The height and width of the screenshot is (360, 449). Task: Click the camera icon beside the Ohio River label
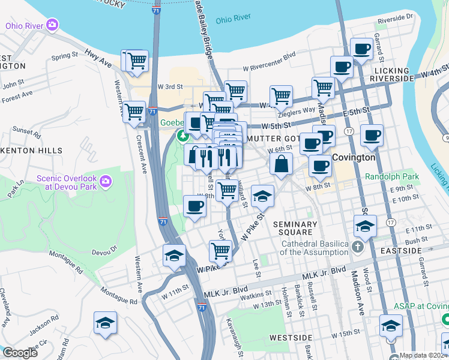coord(53,25)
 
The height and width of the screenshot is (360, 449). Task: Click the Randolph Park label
coord(393,178)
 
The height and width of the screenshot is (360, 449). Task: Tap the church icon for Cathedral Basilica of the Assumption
coord(357,247)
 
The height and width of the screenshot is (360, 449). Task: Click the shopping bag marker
coord(281,163)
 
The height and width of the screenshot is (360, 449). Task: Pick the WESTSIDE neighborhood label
coord(291,338)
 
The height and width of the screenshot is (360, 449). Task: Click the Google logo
coord(20,353)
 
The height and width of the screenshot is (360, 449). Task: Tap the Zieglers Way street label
coord(297,110)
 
